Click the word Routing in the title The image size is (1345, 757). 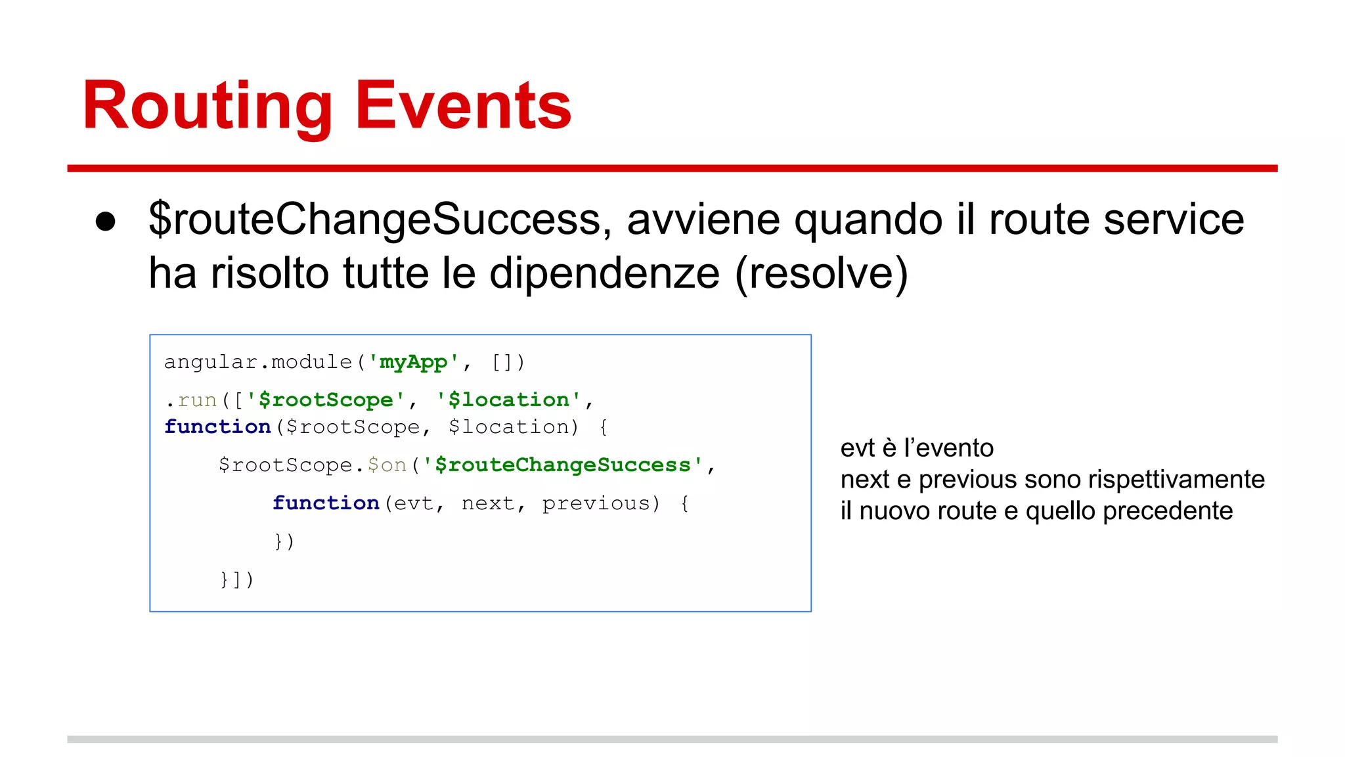[x=208, y=106]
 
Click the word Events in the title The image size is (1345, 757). [x=463, y=106]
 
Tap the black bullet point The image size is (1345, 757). [x=106, y=221]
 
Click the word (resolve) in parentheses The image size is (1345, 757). [x=822, y=273]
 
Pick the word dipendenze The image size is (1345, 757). [x=604, y=273]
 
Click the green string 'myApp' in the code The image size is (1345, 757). [x=413, y=362]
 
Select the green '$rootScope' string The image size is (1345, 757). [x=326, y=400]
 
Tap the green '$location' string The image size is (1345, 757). [x=509, y=400]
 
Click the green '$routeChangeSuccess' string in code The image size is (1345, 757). [x=563, y=465]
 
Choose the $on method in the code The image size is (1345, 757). [x=387, y=465]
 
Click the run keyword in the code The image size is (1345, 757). [x=197, y=400]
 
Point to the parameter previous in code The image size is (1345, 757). [x=596, y=503]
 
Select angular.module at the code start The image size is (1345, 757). [x=258, y=362]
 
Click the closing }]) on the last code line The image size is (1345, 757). [x=237, y=580]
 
